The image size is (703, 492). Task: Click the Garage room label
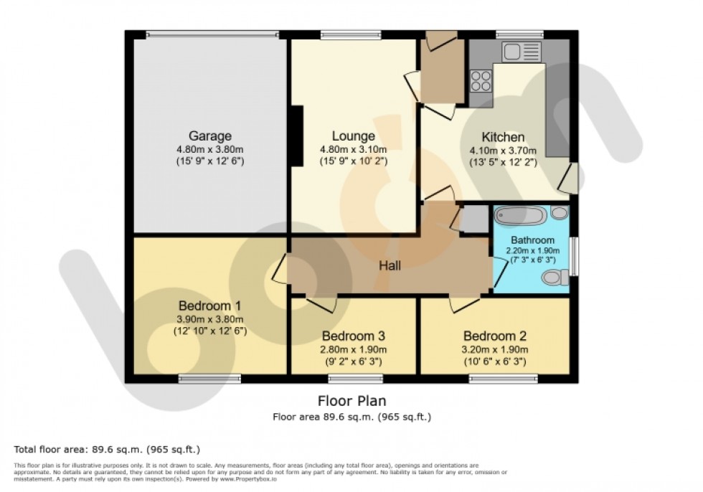point(210,136)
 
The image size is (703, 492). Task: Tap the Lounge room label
point(353,136)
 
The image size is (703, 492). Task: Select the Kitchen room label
point(502,137)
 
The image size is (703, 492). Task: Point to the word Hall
point(390,265)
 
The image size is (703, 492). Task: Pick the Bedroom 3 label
point(354,336)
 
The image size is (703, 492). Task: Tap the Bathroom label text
point(532,240)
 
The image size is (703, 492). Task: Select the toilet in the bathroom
point(555,277)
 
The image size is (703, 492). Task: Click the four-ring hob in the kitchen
point(481,80)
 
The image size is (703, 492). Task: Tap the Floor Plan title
point(351,401)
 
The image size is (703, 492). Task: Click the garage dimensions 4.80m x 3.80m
point(210,149)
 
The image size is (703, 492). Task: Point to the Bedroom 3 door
point(321,302)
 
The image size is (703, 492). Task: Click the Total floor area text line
point(107,449)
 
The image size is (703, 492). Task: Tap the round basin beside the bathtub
point(559,213)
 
